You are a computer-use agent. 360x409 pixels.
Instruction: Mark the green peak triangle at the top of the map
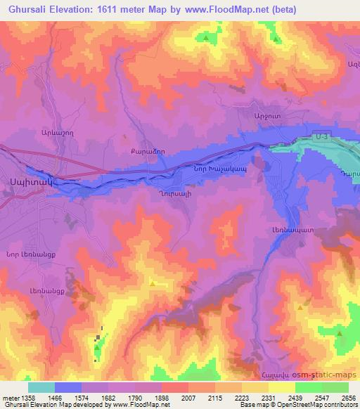205,39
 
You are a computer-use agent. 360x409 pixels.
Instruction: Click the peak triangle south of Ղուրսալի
153,283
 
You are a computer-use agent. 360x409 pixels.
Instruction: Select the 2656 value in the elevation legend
348,398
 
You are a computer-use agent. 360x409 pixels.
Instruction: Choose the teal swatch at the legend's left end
41,387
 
